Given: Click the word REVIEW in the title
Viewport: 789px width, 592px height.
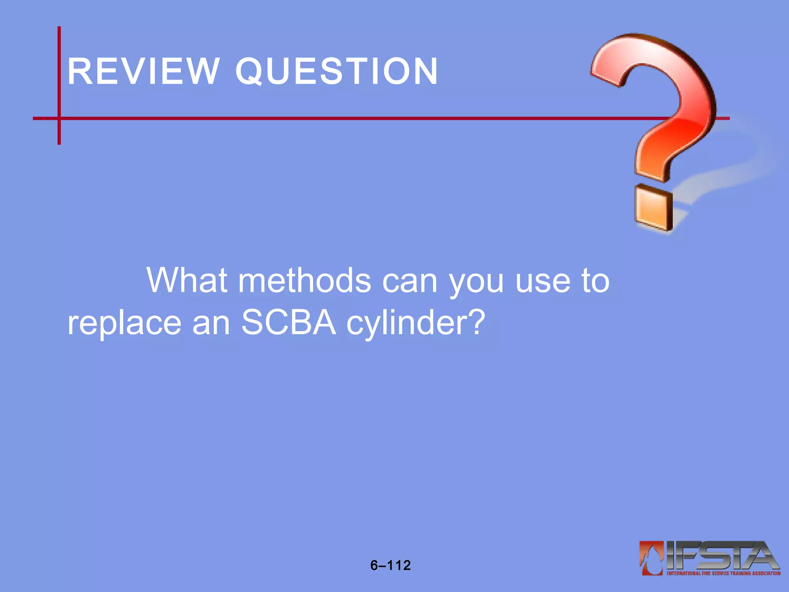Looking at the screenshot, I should [x=143, y=71].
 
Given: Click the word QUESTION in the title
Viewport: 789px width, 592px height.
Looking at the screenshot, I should [x=337, y=71].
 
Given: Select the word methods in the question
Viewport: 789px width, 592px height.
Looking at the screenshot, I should [x=305, y=281].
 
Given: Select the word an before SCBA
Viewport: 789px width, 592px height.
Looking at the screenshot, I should [x=211, y=324].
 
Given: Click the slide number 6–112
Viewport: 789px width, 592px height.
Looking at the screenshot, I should [x=390, y=565].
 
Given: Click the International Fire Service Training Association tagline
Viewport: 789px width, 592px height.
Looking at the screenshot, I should [x=724, y=573].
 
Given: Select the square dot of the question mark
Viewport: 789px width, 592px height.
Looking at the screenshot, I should [x=654, y=208].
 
